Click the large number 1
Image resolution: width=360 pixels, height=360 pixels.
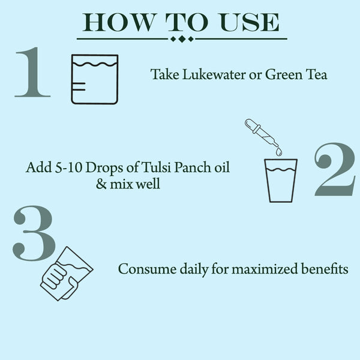(33, 74)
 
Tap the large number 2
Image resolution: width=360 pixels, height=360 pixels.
(335, 170)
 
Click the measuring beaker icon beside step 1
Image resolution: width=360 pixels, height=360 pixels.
(94, 79)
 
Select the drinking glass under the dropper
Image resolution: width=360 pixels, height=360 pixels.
(281, 180)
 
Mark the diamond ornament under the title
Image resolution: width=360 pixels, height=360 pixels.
(182, 40)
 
